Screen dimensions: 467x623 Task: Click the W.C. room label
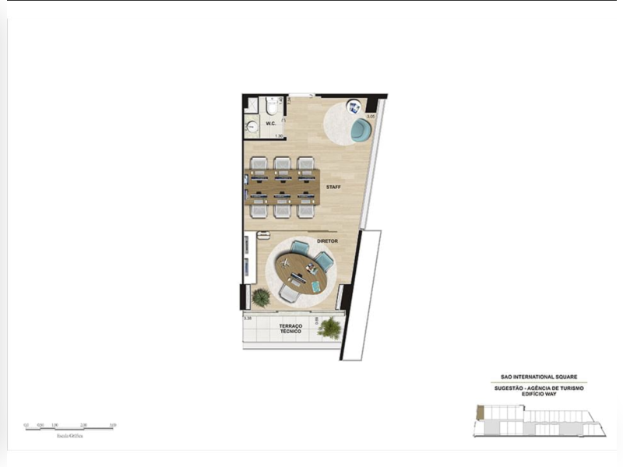tap(271, 124)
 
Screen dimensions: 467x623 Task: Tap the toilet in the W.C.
tap(272, 107)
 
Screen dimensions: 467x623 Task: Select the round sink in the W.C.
tap(252, 126)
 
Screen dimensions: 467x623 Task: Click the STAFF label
tap(333, 188)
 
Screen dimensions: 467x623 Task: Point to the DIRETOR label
tap(327, 241)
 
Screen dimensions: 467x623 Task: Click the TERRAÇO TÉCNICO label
tap(290, 329)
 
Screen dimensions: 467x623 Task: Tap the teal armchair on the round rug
tap(360, 130)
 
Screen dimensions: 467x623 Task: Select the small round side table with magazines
tap(353, 108)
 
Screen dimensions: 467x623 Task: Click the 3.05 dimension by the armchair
tap(371, 116)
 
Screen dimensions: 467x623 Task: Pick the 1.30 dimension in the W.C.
tap(278, 136)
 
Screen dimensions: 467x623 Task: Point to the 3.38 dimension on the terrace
tap(248, 318)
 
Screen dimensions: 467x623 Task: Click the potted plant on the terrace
tap(330, 328)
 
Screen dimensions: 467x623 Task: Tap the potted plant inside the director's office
tap(261, 297)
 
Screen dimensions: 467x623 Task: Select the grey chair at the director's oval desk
tap(288, 293)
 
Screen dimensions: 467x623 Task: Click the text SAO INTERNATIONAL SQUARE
tap(539, 377)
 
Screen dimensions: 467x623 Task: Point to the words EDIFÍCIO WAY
tap(539, 394)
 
